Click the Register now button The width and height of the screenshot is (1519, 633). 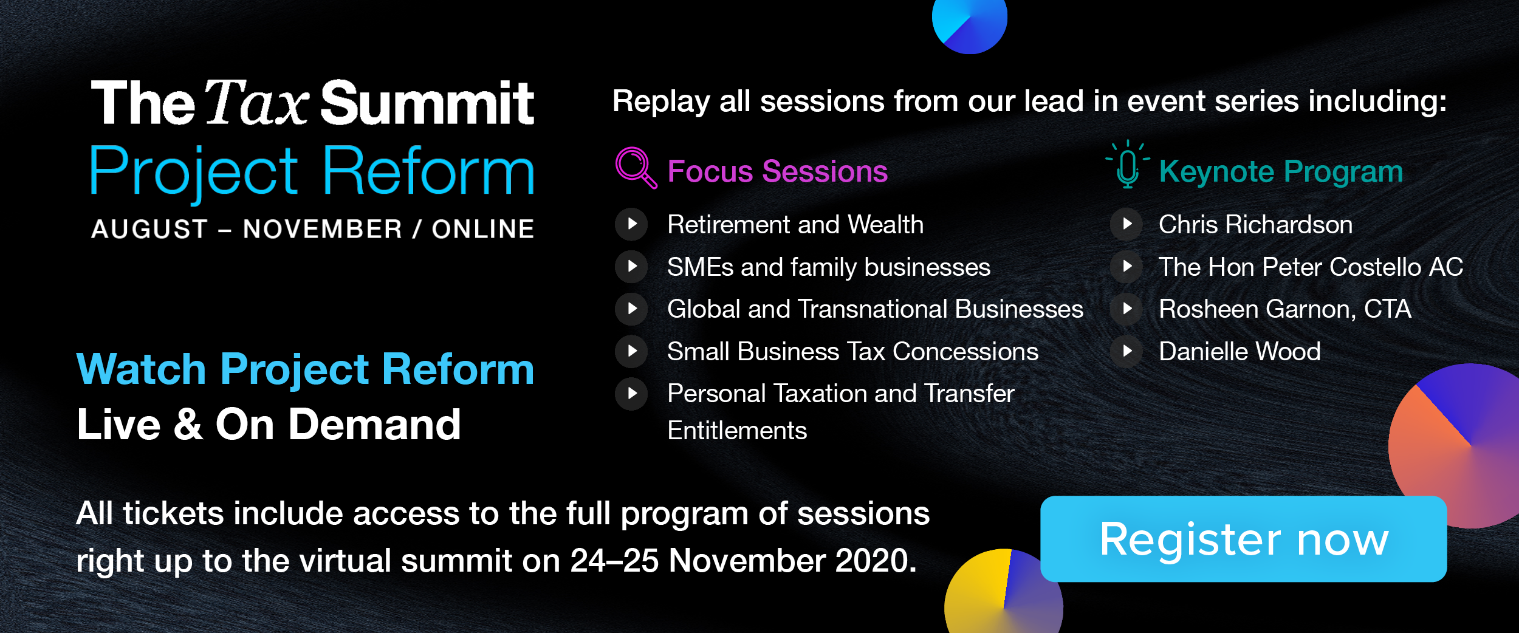pyautogui.click(x=1243, y=539)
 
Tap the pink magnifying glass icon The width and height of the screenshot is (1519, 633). pyautogui.click(x=636, y=168)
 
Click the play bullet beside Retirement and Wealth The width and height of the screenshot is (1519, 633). pyautogui.click(x=631, y=224)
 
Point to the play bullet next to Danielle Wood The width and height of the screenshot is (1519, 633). pyautogui.click(x=1126, y=351)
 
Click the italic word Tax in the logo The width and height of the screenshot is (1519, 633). pyautogui.click(x=257, y=103)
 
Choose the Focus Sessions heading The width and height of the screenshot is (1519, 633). pyautogui.click(x=777, y=171)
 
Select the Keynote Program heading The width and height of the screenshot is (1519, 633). pyautogui.click(x=1281, y=172)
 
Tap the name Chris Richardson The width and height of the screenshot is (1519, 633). pyautogui.click(x=1255, y=225)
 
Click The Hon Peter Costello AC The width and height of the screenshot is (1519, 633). pyautogui.click(x=1311, y=267)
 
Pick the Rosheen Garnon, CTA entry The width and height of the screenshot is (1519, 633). pyautogui.click(x=1284, y=309)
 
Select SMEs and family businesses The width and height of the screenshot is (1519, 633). pyautogui.click(x=829, y=267)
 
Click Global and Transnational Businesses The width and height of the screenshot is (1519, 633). pyautogui.click(x=875, y=309)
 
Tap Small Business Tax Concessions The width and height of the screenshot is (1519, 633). pyautogui.click(x=852, y=351)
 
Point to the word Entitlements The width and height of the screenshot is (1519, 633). pyautogui.click(x=737, y=431)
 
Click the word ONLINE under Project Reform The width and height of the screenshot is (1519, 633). pyautogui.click(x=483, y=229)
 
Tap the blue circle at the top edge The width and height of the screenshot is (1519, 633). pyautogui.click(x=970, y=24)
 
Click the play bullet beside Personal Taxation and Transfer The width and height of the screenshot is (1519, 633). pyautogui.click(x=631, y=393)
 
